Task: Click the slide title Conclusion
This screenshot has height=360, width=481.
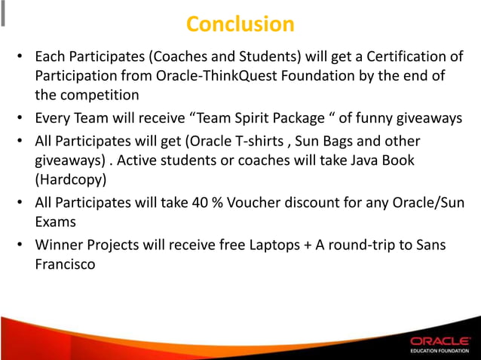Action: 240,24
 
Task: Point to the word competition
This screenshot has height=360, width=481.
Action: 98,96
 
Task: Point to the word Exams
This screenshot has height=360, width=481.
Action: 57,222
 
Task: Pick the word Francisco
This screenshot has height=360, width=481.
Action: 66,264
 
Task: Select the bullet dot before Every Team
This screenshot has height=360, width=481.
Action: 23,119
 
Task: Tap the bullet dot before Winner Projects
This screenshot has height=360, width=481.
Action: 23,246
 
